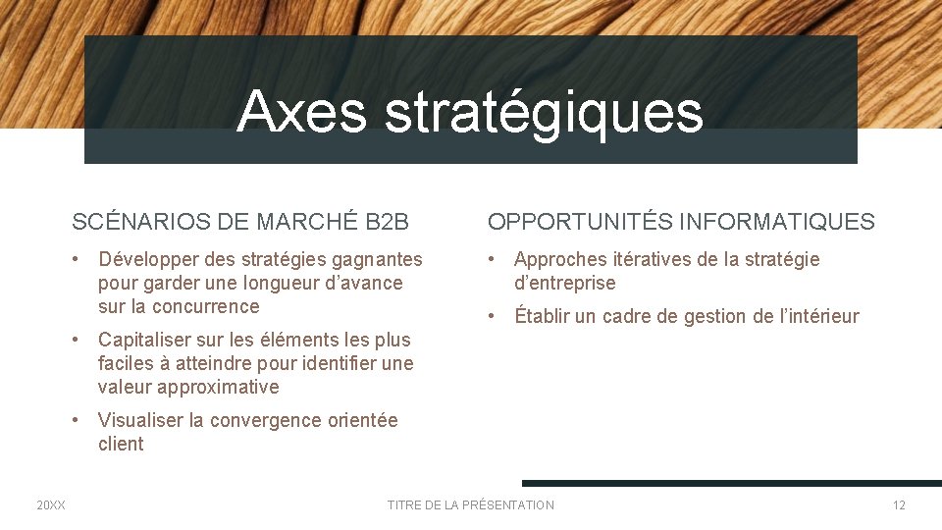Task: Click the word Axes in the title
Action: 301,111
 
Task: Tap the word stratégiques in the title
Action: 544,113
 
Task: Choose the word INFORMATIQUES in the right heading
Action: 776,222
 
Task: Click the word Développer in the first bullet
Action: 144,260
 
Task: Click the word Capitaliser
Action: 146,340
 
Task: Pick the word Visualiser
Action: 140,420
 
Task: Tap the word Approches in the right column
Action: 560,260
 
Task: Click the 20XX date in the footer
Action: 51,505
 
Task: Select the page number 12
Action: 899,505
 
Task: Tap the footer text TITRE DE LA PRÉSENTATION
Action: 471,505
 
